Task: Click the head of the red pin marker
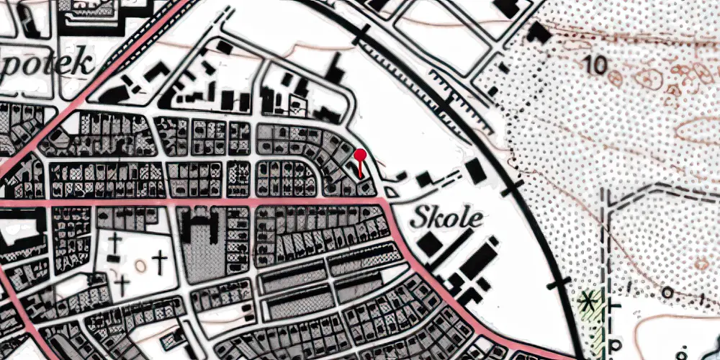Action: coord(361,153)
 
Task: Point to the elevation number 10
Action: coord(596,65)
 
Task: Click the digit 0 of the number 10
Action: coord(601,65)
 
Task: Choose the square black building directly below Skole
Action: coord(431,244)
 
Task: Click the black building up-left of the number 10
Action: coord(537,32)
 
